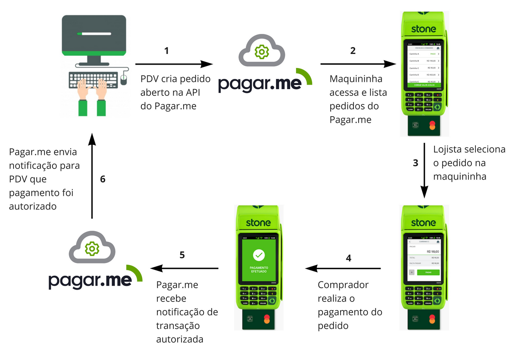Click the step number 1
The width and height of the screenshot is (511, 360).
pyautogui.click(x=166, y=51)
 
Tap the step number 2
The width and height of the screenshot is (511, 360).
pyautogui.click(x=353, y=51)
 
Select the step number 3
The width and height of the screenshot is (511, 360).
pyautogui.click(x=416, y=162)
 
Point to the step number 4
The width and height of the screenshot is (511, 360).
pyautogui.click(x=348, y=258)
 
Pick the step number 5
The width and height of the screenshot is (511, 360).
pyautogui.click(x=182, y=255)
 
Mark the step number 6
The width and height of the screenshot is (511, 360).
pyautogui.click(x=103, y=179)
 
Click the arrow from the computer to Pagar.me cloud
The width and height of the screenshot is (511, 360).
pyautogui.click(x=174, y=64)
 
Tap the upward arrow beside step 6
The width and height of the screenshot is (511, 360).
pyautogui.click(x=92, y=176)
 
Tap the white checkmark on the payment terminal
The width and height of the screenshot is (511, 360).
pyautogui.click(x=258, y=255)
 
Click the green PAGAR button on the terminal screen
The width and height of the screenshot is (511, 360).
pyautogui.click(x=428, y=272)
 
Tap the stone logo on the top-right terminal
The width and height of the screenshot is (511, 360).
pyautogui.click(x=423, y=29)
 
